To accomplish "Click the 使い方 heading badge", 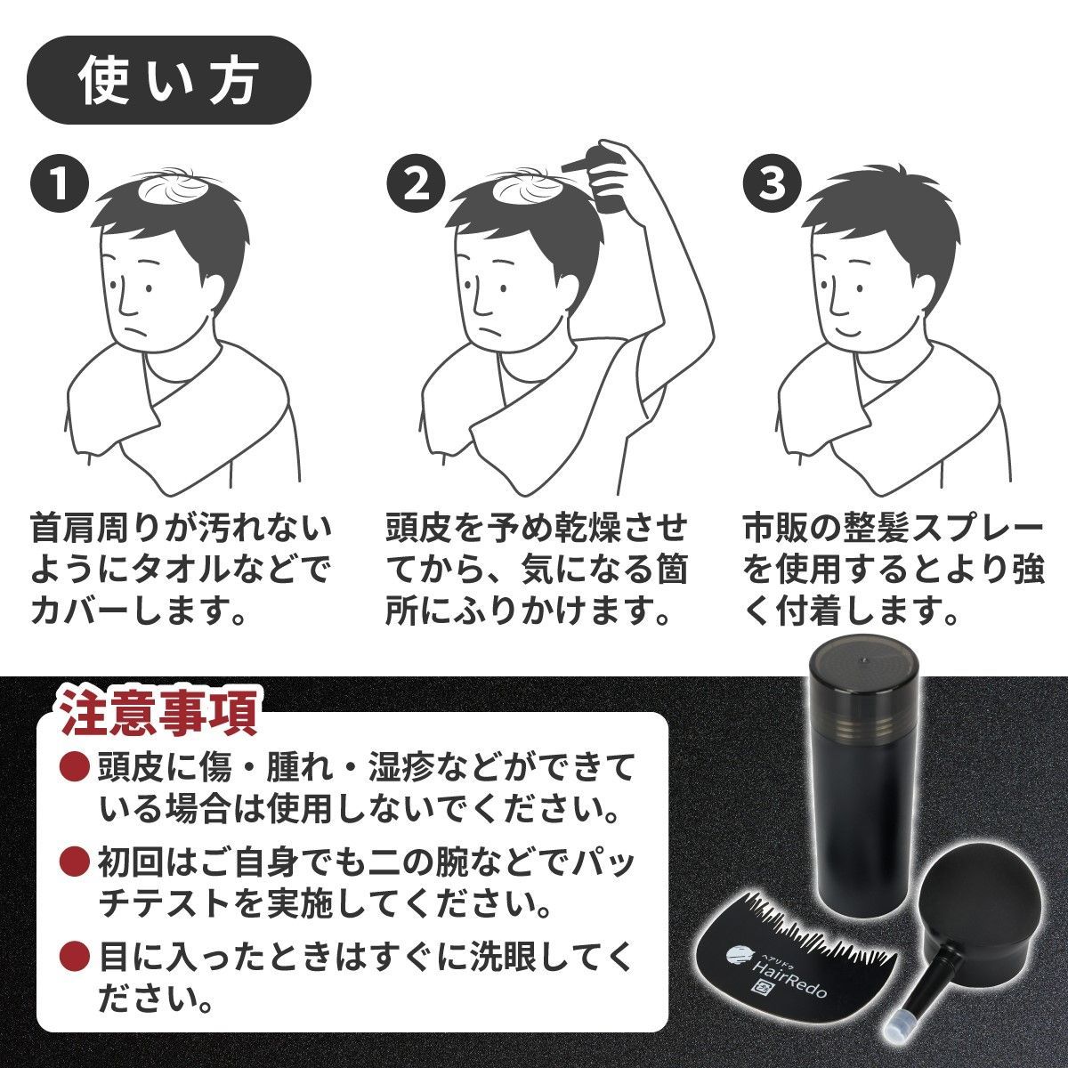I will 168,80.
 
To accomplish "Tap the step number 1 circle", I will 60,184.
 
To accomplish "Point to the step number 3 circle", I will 771,184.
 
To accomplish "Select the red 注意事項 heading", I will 159,711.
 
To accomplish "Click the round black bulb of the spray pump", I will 967,900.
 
